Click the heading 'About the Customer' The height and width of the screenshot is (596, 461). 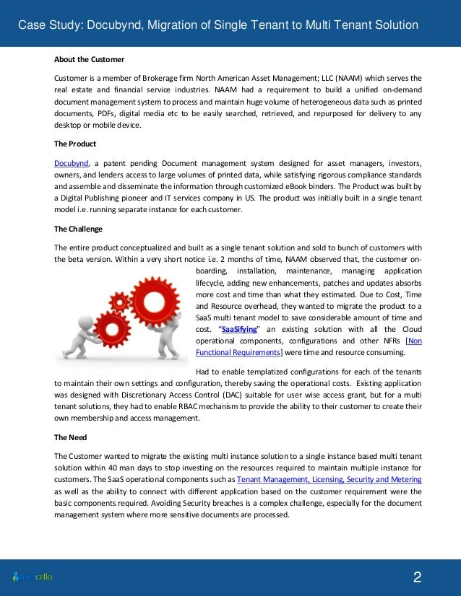coord(90,58)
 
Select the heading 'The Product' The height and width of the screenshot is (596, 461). coord(75,144)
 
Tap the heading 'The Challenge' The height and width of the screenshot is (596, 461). coord(79,229)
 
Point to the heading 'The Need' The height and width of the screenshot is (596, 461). coord(71,437)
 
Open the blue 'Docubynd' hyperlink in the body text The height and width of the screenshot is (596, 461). coord(72,162)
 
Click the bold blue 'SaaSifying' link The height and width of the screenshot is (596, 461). coord(238,328)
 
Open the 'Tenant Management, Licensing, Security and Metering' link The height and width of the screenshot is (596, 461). coord(329,479)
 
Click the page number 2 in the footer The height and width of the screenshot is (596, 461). coord(417,577)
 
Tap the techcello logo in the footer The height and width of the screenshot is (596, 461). coord(33,577)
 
